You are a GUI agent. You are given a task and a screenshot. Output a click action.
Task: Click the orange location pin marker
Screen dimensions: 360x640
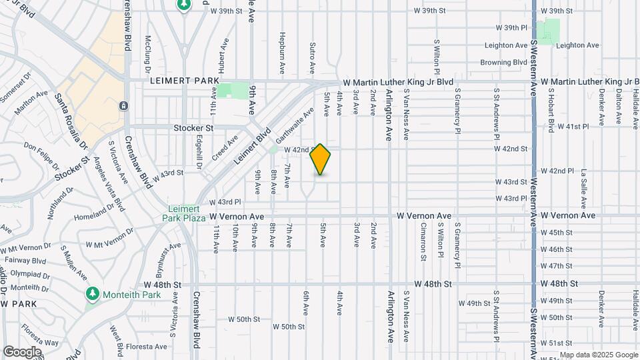click(x=321, y=159)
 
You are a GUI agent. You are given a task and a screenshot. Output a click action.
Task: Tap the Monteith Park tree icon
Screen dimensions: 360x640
click(x=93, y=293)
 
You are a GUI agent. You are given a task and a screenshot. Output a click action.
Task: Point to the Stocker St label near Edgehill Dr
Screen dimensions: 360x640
click(x=193, y=127)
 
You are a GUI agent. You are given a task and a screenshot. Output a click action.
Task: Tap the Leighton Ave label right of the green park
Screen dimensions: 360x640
click(x=577, y=45)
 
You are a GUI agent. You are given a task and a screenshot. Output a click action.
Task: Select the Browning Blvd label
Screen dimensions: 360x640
click(x=503, y=63)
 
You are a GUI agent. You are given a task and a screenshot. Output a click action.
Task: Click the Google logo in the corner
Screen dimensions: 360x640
click(x=21, y=351)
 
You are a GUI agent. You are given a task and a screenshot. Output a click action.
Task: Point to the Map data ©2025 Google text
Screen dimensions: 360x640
click(x=598, y=355)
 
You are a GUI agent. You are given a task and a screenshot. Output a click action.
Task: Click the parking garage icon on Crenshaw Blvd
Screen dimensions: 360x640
click(x=123, y=105)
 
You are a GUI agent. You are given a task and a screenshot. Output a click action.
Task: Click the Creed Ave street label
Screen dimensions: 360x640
click(x=225, y=148)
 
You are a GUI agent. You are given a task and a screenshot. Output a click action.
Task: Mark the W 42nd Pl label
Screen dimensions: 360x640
click(x=557, y=171)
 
